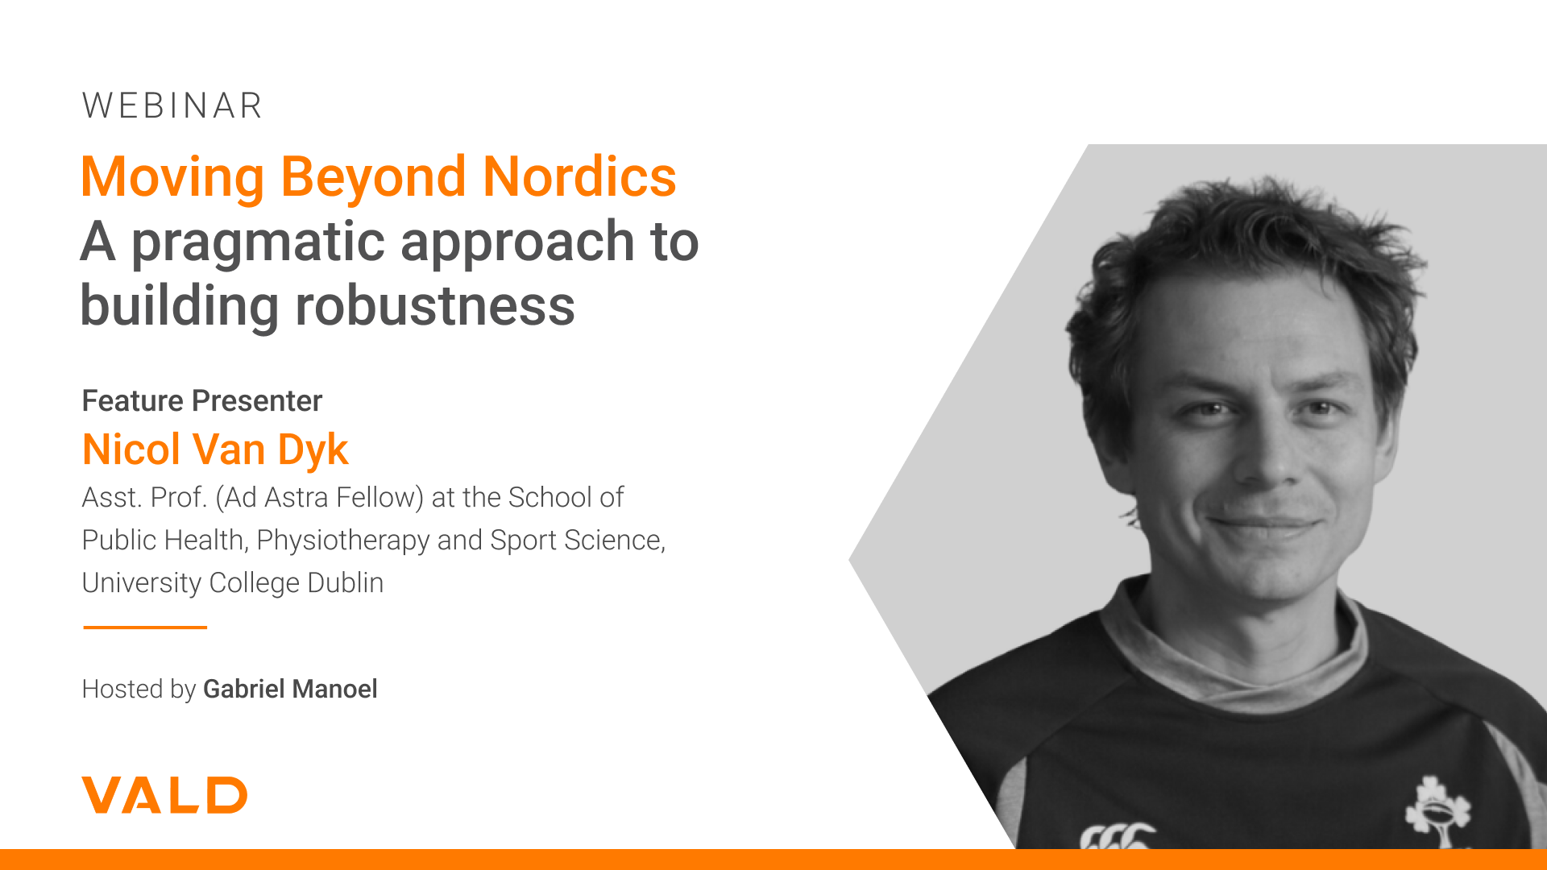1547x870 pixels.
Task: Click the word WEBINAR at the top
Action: [172, 106]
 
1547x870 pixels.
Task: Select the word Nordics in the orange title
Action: [579, 176]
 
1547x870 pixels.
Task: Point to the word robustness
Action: [435, 306]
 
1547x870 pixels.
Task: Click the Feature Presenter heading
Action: [202, 400]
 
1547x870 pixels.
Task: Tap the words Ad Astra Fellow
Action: [319, 498]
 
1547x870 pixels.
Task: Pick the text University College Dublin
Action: [233, 583]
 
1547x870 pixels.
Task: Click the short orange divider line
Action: [145, 627]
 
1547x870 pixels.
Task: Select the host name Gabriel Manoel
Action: [290, 689]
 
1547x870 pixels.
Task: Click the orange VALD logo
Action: [164, 795]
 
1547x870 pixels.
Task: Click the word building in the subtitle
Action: [180, 306]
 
